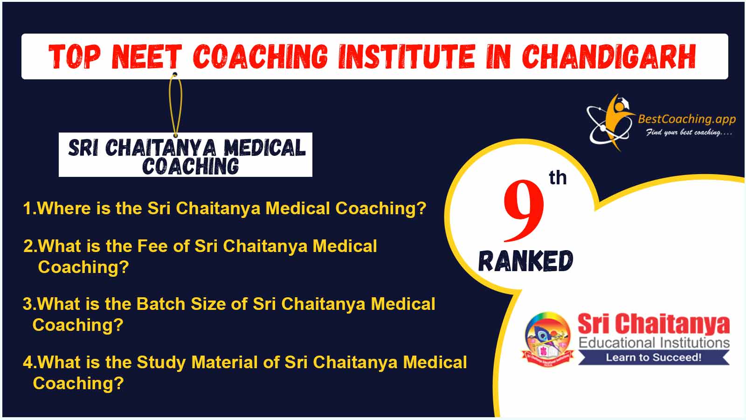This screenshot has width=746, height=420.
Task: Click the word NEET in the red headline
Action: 147,56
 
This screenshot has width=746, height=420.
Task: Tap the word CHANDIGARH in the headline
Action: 609,56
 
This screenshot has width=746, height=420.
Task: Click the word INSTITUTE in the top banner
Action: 407,56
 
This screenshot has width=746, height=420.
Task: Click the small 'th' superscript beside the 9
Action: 558,178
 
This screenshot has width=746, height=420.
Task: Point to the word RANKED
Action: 525,261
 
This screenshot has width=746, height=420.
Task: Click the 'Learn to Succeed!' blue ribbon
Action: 654,357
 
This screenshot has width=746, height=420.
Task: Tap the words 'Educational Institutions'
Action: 654,343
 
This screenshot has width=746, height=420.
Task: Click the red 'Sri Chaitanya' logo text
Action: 654,323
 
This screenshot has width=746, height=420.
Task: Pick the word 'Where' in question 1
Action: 63,208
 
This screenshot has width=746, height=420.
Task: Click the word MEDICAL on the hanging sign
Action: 264,147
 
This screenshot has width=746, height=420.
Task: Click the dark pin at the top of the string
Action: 175,74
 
